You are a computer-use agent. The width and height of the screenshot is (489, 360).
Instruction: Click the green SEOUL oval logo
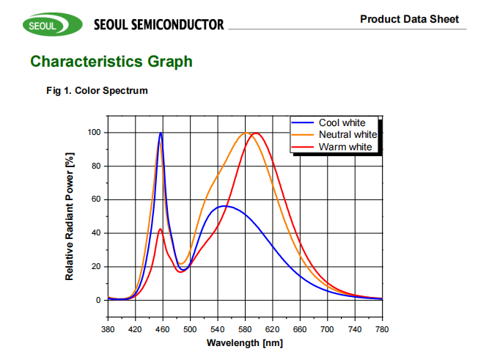tap(46, 25)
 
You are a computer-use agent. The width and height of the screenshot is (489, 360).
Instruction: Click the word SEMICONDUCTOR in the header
tap(177, 25)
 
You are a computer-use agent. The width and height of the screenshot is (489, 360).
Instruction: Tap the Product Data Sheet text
tap(409, 18)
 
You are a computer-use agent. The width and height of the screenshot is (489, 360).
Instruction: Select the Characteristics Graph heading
tap(111, 62)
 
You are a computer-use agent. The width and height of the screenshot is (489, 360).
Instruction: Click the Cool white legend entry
tap(342, 123)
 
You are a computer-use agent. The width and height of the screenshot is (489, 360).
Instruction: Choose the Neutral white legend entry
tap(348, 135)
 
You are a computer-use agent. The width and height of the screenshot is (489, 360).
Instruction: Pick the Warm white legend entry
tap(345, 147)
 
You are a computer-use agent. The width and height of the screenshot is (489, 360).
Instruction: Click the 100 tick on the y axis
tap(93, 133)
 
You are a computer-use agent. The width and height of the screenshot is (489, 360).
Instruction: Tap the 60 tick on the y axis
tap(95, 199)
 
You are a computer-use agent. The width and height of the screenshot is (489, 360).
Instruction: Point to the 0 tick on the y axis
tap(98, 300)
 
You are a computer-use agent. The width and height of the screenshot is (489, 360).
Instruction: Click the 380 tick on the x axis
tap(108, 330)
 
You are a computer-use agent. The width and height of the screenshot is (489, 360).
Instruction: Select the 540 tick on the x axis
tap(218, 330)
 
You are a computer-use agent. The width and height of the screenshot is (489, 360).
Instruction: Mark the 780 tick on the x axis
tap(382, 330)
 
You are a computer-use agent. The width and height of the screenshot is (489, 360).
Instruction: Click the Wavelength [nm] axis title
tap(245, 343)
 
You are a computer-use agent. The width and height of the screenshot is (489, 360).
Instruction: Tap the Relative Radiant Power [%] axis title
tap(70, 216)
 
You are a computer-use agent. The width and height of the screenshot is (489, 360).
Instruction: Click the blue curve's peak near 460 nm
tap(161, 133)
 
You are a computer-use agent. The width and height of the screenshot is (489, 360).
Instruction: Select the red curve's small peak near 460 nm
tap(160, 229)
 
